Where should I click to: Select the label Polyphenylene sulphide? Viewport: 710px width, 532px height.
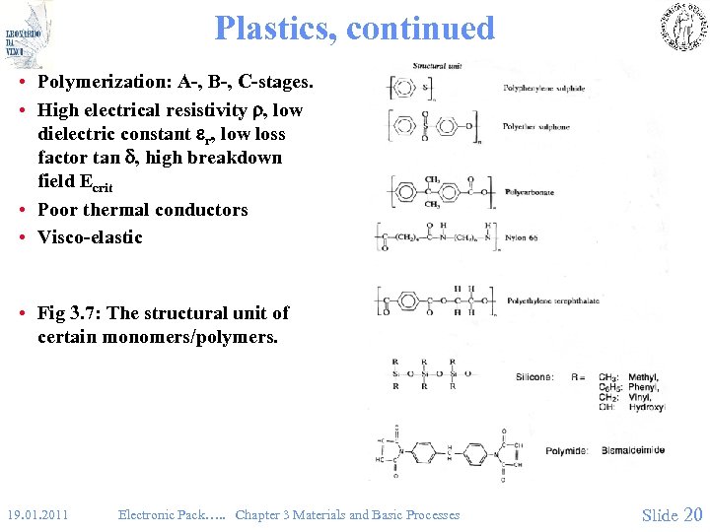(544, 89)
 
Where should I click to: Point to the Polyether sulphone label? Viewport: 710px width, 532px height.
(536, 127)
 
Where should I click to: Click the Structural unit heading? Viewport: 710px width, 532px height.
(437, 65)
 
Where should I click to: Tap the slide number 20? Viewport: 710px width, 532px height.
(693, 514)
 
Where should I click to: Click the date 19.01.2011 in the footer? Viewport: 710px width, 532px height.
(36, 514)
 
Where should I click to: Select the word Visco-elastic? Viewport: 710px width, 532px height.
(90, 237)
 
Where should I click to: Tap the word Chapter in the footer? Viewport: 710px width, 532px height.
(258, 514)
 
